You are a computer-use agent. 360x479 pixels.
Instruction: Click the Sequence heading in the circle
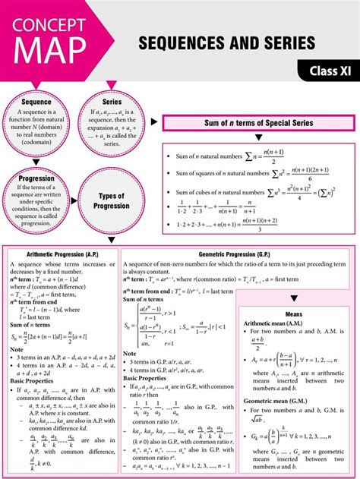(36, 102)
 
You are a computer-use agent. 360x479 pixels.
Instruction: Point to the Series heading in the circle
(112, 102)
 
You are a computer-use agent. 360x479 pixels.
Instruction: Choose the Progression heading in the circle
(36, 179)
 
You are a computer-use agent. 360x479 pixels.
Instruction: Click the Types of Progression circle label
(112, 201)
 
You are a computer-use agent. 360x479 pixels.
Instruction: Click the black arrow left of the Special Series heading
(154, 122)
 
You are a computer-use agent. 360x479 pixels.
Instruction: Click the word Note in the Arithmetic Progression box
(17, 350)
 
